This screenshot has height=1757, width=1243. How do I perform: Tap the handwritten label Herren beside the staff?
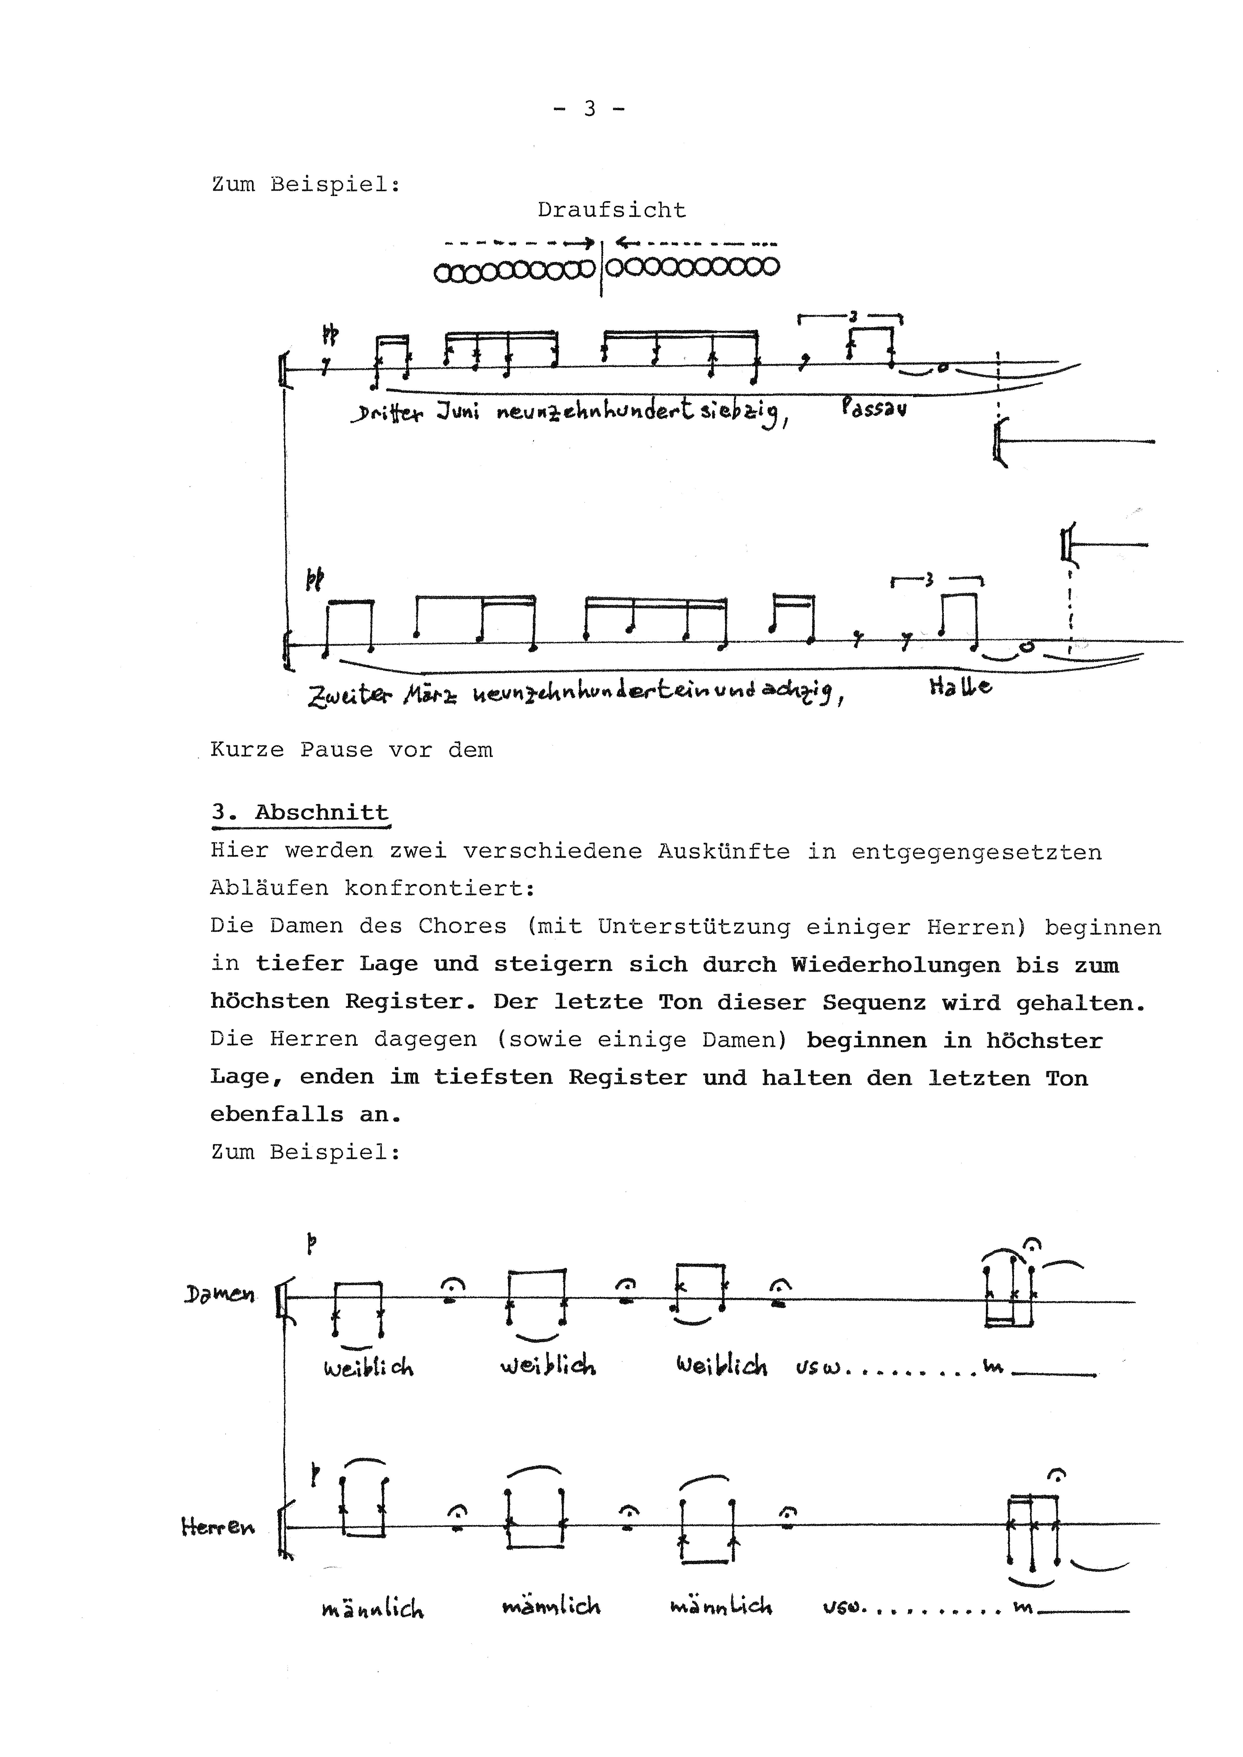coord(217,1528)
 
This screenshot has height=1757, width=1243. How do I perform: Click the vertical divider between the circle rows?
coord(602,268)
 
